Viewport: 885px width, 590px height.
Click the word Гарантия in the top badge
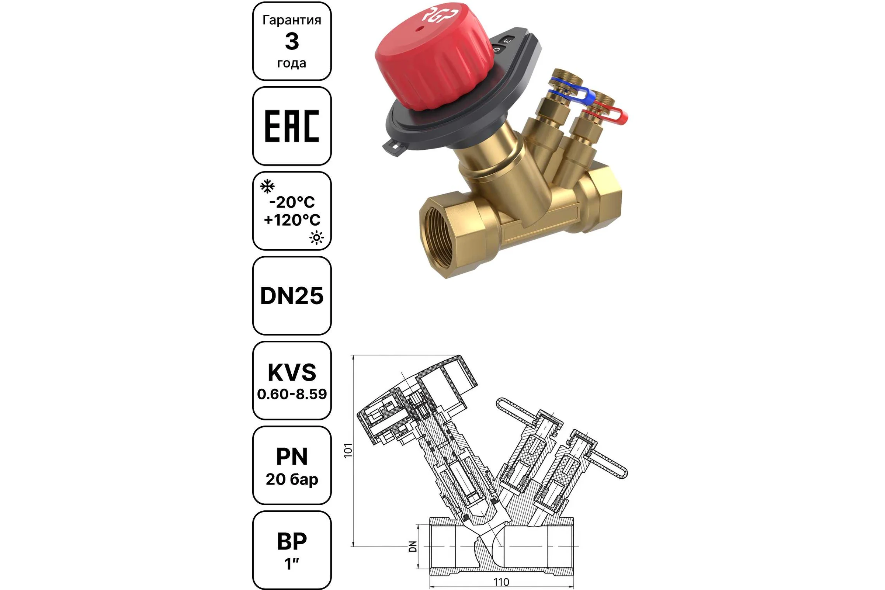pyautogui.click(x=292, y=20)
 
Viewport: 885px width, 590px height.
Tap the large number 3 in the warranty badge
pyautogui.click(x=292, y=41)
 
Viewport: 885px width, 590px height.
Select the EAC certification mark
pyautogui.click(x=292, y=126)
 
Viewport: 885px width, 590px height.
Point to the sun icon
pyautogui.click(x=316, y=237)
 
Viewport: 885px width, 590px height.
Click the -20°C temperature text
pyautogui.click(x=292, y=202)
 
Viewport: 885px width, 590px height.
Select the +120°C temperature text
pyautogui.click(x=292, y=220)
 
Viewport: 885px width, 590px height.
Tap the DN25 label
pyautogui.click(x=292, y=296)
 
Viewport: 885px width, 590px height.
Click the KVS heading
pyautogui.click(x=292, y=372)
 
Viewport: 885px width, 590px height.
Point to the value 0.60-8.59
pyautogui.click(x=292, y=394)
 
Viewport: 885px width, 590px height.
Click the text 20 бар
pyautogui.click(x=292, y=479)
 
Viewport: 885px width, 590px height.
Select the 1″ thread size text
pyautogui.click(x=292, y=564)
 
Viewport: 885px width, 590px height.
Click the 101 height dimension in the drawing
pyautogui.click(x=348, y=450)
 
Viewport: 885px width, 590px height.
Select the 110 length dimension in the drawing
pyautogui.click(x=501, y=582)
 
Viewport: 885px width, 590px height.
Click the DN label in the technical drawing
pyautogui.click(x=413, y=546)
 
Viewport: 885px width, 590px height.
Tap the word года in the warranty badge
pyautogui.click(x=292, y=63)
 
